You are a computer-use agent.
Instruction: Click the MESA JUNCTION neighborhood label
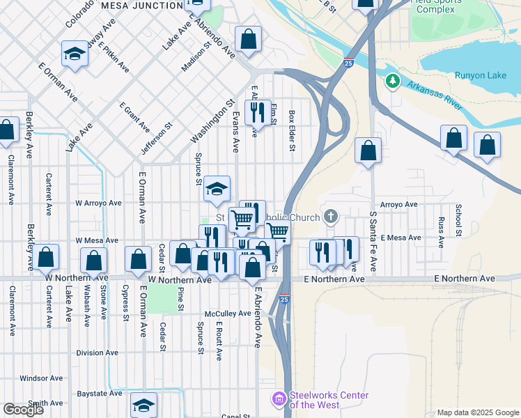click(x=142, y=6)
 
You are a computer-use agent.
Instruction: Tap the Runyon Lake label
click(x=480, y=75)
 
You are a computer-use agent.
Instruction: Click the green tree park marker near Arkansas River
click(x=393, y=82)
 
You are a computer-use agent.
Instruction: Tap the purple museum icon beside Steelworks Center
click(x=279, y=398)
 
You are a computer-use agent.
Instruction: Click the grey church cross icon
click(x=331, y=217)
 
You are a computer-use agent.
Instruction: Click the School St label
click(x=458, y=219)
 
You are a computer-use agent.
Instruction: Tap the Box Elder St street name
click(x=293, y=130)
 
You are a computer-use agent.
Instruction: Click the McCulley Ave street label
click(x=228, y=313)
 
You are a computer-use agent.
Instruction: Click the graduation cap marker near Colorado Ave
click(x=74, y=54)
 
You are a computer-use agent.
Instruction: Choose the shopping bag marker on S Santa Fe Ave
click(x=368, y=150)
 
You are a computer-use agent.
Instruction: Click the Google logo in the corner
click(x=23, y=410)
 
